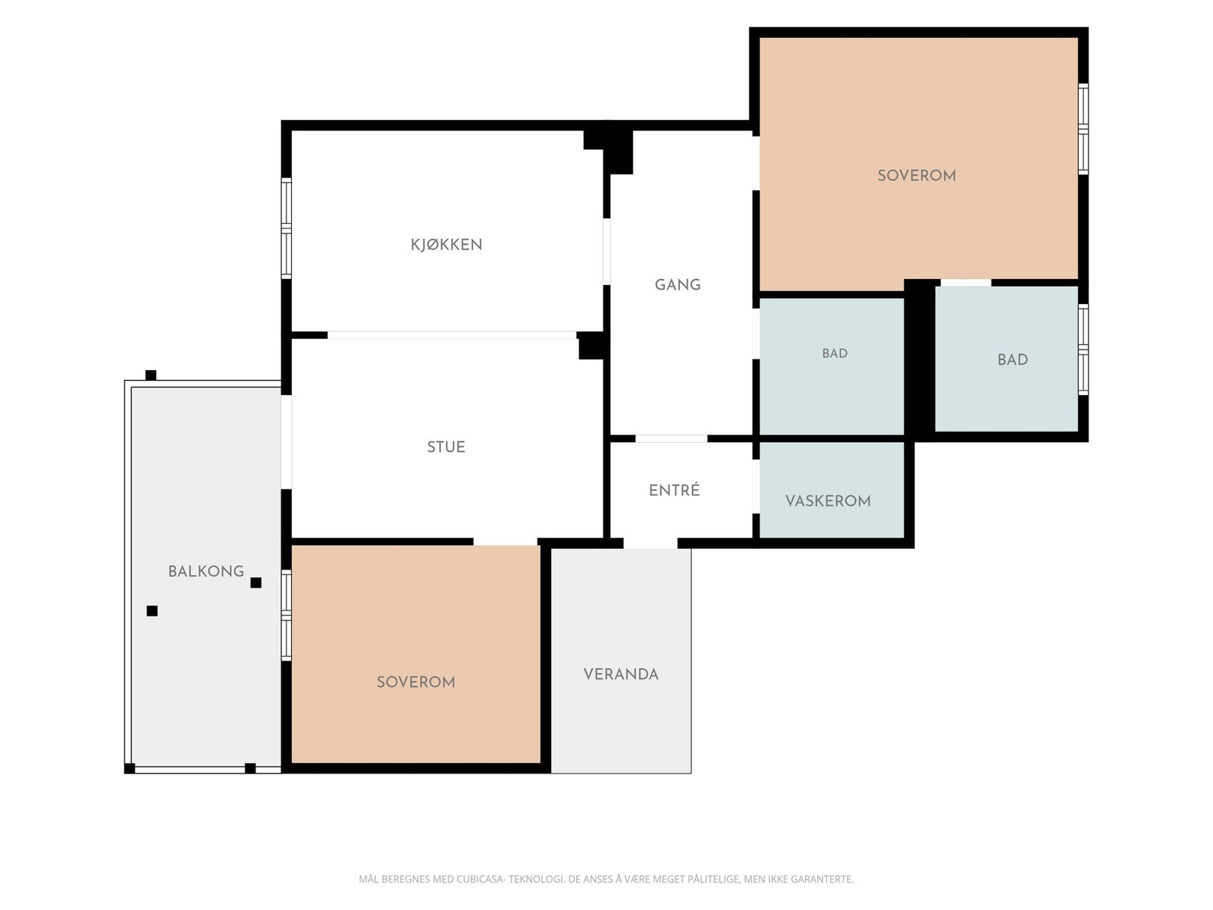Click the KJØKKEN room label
446,244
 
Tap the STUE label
446,447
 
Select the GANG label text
678,284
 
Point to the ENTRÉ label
674,490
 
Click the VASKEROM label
828,500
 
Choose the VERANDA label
621,674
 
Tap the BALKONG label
206,571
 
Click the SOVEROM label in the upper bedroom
917,175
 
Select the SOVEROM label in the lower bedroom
415,682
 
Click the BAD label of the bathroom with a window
1012,359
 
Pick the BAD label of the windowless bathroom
835,353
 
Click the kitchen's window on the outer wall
287,228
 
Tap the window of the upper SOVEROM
1083,129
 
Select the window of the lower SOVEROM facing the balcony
287,616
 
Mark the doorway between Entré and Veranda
650,543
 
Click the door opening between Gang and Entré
671,439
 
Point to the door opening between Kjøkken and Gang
606,252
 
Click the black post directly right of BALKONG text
255,582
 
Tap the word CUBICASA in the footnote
480,878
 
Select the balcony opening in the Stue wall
287,442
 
